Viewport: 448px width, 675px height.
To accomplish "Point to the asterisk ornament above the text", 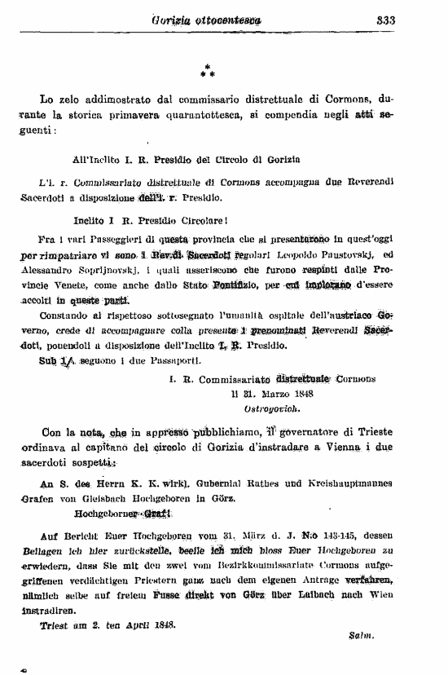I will (x=207, y=72).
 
